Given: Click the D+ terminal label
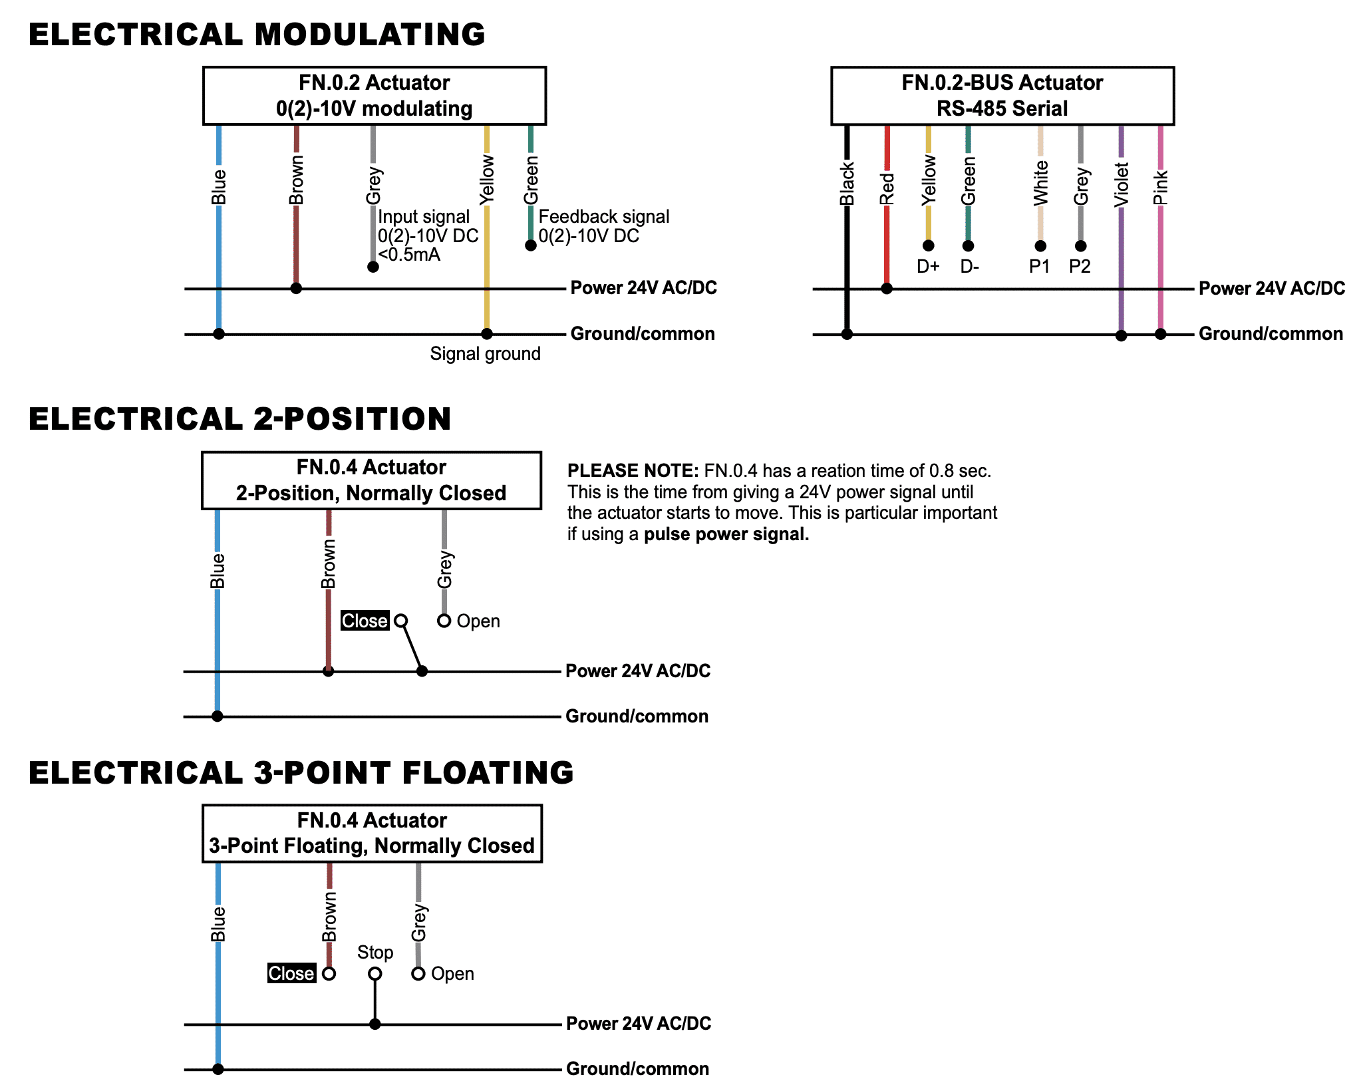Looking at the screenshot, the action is (x=928, y=267).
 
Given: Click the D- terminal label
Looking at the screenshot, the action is (x=969, y=267).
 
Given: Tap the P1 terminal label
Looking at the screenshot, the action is (x=1039, y=267).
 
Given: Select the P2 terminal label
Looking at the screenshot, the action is (x=1080, y=267).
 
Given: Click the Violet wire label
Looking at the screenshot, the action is (x=1122, y=185).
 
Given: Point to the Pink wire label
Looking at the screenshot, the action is (x=1161, y=188).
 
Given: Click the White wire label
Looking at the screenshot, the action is (x=1040, y=183).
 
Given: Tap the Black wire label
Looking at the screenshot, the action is (x=847, y=184).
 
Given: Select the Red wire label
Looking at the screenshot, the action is (x=887, y=189).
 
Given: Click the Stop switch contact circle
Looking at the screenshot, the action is (x=375, y=974).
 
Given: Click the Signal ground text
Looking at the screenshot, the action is (x=485, y=354).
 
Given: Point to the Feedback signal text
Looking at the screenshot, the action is (x=604, y=217).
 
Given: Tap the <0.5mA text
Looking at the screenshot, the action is (x=409, y=255).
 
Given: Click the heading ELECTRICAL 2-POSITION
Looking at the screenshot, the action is (x=240, y=419).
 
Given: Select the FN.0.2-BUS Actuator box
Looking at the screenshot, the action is (x=1002, y=96).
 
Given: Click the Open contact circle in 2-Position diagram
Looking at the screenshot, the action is (x=444, y=621).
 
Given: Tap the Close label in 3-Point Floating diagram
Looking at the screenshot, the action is (x=291, y=973).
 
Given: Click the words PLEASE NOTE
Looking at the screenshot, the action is (x=633, y=471).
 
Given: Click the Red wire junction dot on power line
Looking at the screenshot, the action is (x=887, y=289).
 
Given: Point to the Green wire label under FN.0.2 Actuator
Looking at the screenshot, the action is (x=531, y=180).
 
